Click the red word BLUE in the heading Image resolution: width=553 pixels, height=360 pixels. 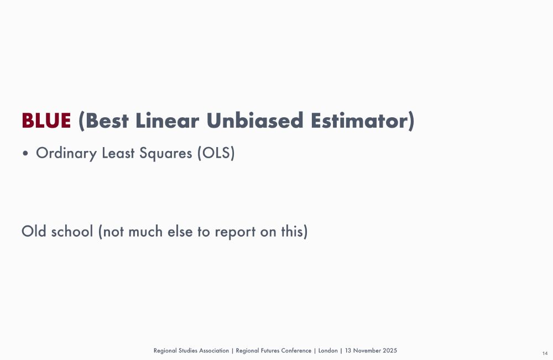point(46,121)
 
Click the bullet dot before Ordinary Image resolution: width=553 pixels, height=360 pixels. point(25,154)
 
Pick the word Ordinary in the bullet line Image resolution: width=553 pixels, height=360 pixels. point(66,153)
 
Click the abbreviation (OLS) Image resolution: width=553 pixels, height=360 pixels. point(216,153)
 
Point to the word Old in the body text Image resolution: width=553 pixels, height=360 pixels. point(34,231)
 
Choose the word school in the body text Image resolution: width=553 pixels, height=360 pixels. point(72,231)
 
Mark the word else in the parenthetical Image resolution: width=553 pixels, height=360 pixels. point(181,231)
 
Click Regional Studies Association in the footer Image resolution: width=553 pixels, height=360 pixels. point(191,351)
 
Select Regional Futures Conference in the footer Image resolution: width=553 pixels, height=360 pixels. point(273,351)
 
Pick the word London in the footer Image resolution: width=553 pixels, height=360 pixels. point(328,351)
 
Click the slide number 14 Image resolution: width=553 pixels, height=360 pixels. point(545,353)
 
